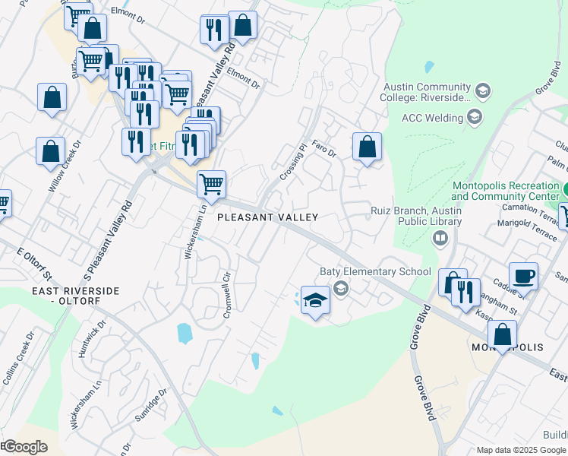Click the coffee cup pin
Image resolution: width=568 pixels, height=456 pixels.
[523, 277]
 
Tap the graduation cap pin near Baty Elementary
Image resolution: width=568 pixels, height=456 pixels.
[315, 301]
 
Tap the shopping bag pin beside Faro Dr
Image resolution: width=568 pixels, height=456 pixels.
[367, 147]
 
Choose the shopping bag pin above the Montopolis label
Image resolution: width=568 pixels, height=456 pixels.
[502, 334]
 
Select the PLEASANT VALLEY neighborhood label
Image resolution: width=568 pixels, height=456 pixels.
[267, 217]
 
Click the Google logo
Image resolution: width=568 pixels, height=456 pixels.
[25, 447]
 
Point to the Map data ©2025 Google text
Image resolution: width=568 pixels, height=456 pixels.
[521, 449]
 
